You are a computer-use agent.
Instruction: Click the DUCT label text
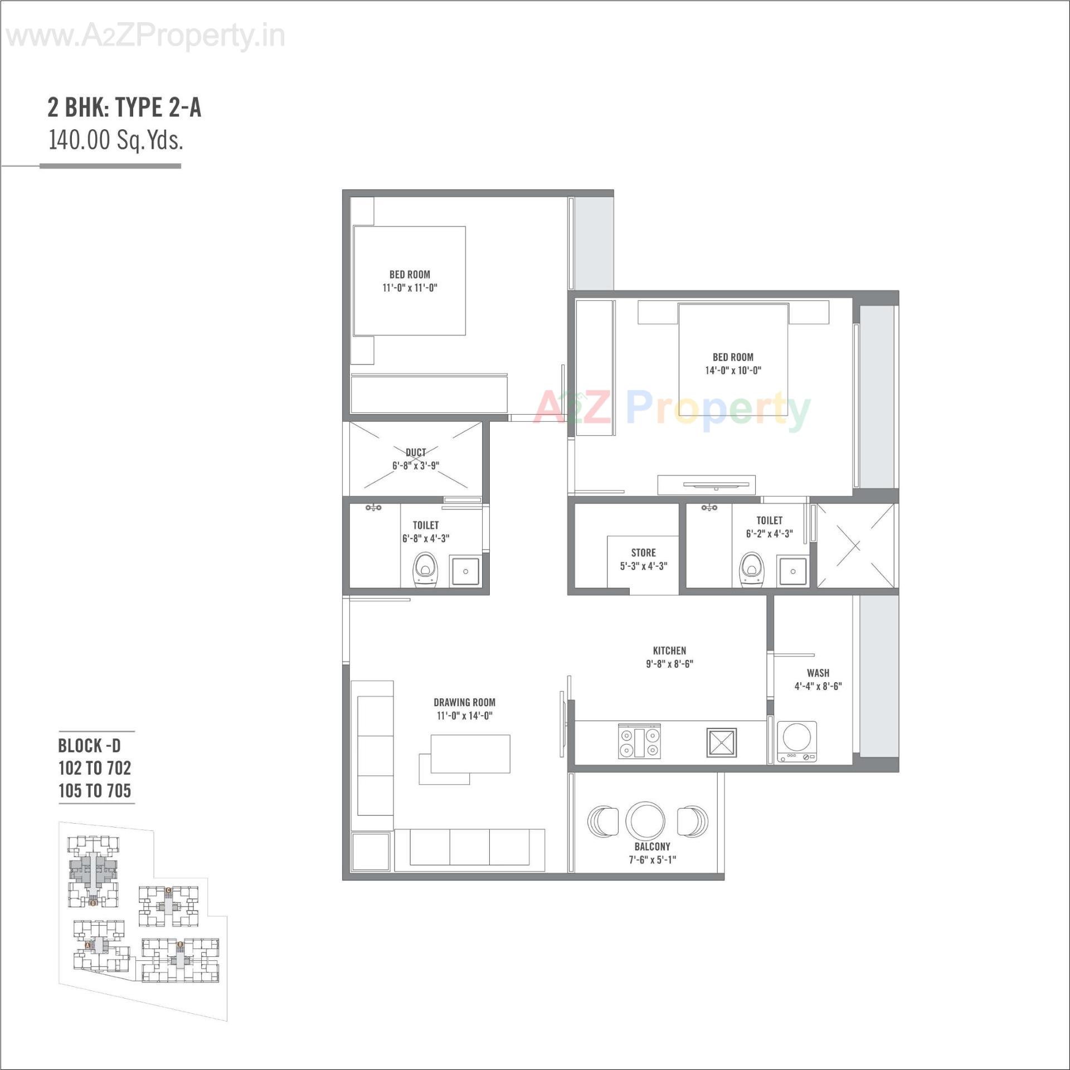click(x=416, y=452)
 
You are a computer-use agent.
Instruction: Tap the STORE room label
click(x=643, y=553)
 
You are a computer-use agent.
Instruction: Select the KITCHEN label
click(x=669, y=650)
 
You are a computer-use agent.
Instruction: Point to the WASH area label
click(x=818, y=673)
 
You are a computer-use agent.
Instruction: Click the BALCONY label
click(x=652, y=847)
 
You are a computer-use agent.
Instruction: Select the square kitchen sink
click(x=722, y=742)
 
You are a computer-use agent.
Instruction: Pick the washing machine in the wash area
click(x=796, y=742)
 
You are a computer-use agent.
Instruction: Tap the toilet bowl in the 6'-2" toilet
click(x=751, y=570)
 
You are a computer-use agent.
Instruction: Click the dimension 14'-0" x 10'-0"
click(x=733, y=371)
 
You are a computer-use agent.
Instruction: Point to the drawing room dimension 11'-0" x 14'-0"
click(x=464, y=716)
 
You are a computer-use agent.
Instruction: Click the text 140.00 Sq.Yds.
click(x=116, y=140)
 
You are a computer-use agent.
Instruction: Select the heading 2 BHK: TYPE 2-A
click(x=124, y=108)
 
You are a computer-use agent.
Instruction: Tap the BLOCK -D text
click(x=89, y=746)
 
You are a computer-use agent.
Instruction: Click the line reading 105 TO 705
click(x=95, y=790)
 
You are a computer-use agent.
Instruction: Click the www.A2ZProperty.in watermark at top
click(x=146, y=37)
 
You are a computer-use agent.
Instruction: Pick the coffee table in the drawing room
click(x=470, y=754)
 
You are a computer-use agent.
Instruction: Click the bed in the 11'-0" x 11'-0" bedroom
click(x=409, y=280)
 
